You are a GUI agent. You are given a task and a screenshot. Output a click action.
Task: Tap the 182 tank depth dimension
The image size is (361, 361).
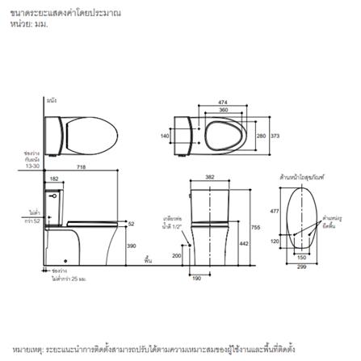coord(54,178)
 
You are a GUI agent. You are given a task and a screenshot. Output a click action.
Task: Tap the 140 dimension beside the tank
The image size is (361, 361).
coord(165,136)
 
